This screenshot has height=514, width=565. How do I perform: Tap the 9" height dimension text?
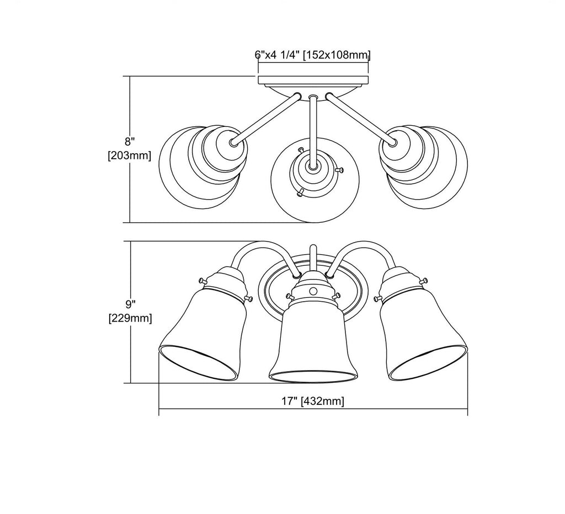pyautogui.click(x=130, y=304)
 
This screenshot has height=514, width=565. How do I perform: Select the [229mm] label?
pyautogui.click(x=130, y=318)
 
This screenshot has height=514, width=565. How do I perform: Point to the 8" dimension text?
pyautogui.click(x=130, y=141)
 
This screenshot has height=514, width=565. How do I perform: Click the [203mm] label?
pyautogui.click(x=129, y=155)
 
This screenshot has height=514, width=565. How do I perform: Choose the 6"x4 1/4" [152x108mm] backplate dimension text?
pyautogui.click(x=313, y=55)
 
